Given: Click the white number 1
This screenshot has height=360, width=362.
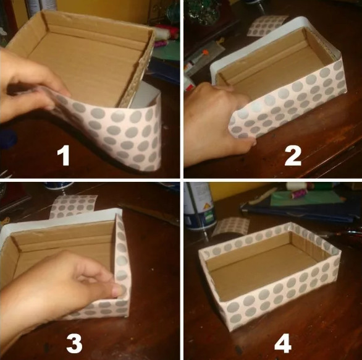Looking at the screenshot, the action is coord(64,156).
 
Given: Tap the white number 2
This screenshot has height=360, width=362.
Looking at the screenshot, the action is coord(293,156).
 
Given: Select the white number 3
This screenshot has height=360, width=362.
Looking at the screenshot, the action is coord(74,344).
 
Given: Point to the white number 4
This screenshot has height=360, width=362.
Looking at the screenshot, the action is coord(282,344).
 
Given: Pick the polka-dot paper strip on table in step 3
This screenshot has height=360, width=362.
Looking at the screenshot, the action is coord(73,206).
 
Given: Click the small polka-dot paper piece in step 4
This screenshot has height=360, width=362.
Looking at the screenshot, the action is coord(231,228).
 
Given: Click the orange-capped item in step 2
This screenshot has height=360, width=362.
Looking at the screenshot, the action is coord(205,53).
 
